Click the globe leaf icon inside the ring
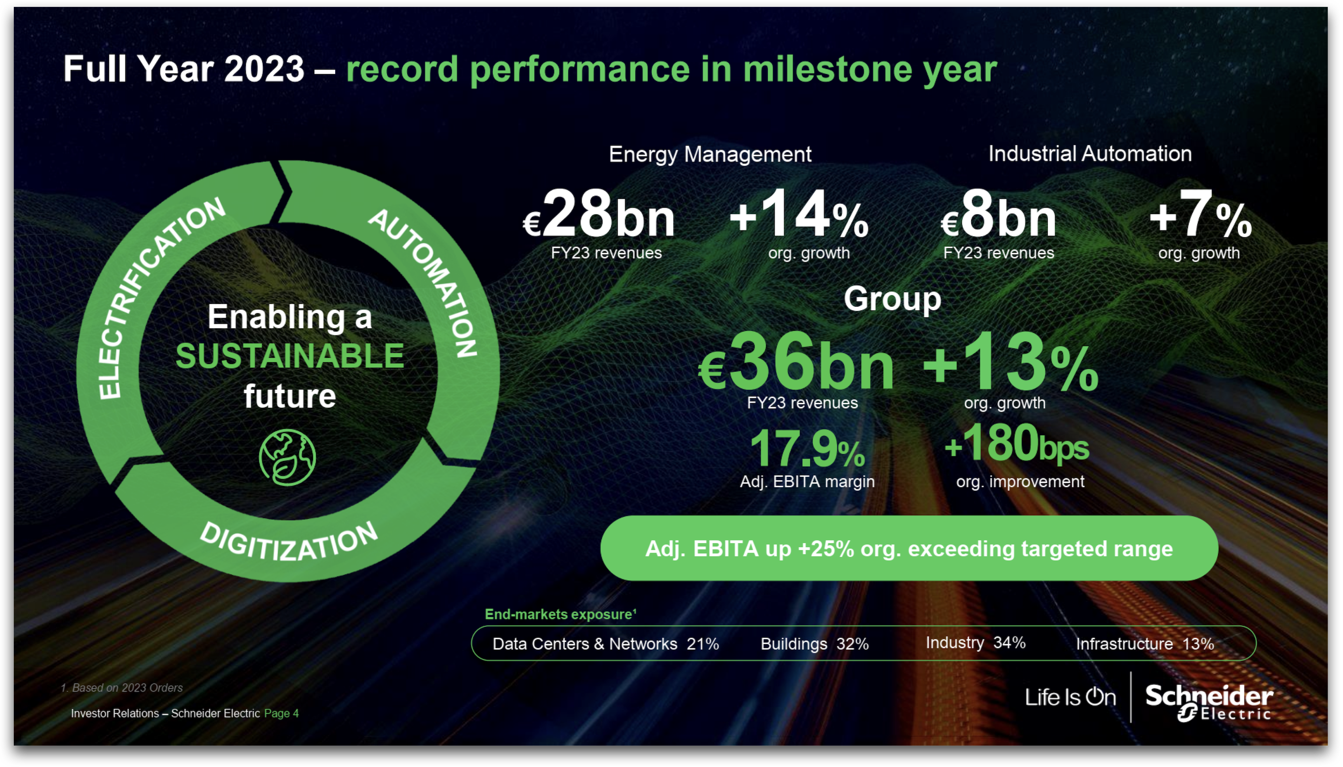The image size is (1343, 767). (x=287, y=457)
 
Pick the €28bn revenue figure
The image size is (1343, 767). (x=598, y=215)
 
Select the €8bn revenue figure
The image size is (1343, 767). (x=998, y=215)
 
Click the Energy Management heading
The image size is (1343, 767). (x=710, y=154)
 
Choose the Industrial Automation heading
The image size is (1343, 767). (x=1090, y=154)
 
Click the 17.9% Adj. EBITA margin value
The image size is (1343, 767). (x=807, y=449)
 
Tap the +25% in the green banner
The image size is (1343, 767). (x=826, y=549)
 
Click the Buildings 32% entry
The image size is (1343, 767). (x=815, y=644)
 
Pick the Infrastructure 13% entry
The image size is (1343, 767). (x=1145, y=644)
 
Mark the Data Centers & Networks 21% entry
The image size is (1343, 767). (x=606, y=644)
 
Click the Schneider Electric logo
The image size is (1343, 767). (x=1209, y=702)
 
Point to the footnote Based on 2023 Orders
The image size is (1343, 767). (x=121, y=688)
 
